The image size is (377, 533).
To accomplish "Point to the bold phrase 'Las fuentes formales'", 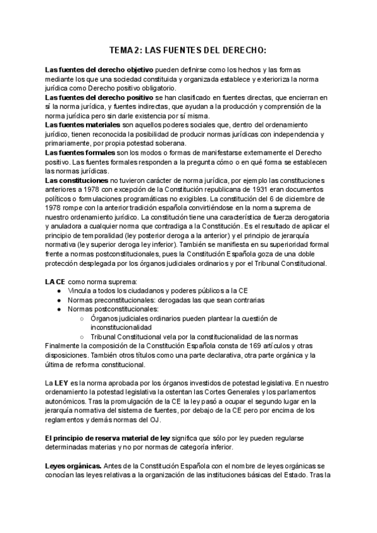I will click(79, 153).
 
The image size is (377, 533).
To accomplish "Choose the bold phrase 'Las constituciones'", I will click(76, 180).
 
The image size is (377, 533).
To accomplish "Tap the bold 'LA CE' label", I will click(55, 282).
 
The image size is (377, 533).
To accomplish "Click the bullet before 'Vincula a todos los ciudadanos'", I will click(59, 291).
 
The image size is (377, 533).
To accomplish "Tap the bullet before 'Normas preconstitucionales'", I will click(59, 300).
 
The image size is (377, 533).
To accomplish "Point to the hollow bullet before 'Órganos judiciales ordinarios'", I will click(82, 319).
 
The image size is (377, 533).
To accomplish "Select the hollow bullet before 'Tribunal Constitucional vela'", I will click(82, 337).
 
